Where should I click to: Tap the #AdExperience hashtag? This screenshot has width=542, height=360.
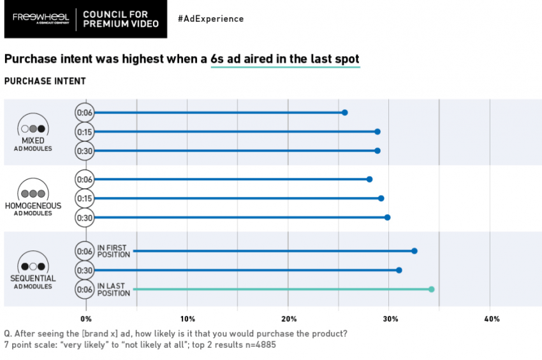coord(210,18)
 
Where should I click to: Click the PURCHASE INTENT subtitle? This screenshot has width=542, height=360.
coord(45,81)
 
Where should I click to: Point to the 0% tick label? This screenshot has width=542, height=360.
coord(86,319)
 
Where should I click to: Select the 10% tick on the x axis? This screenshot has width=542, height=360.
coord(187,319)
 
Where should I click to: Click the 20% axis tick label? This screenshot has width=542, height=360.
coord(289,319)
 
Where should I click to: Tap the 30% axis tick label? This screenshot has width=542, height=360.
coord(390,319)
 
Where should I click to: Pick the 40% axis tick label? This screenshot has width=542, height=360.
coord(491,319)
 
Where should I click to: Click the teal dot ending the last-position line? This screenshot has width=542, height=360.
coord(432,289)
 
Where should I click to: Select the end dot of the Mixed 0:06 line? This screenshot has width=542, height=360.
coord(345,112)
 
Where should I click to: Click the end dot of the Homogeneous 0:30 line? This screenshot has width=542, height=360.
coord(387,217)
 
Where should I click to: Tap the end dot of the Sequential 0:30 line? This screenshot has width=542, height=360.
coord(399,270)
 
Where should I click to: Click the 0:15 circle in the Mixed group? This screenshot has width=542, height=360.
coord(85,131)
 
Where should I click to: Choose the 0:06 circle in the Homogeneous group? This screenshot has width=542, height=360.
coord(85,179)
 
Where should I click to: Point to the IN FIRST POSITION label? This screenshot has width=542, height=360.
coord(114,251)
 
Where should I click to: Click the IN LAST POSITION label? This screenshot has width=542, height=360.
coord(114,289)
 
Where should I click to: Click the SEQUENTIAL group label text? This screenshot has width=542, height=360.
coord(33,278)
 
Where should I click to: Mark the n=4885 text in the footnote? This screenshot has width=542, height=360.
coord(258,345)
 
